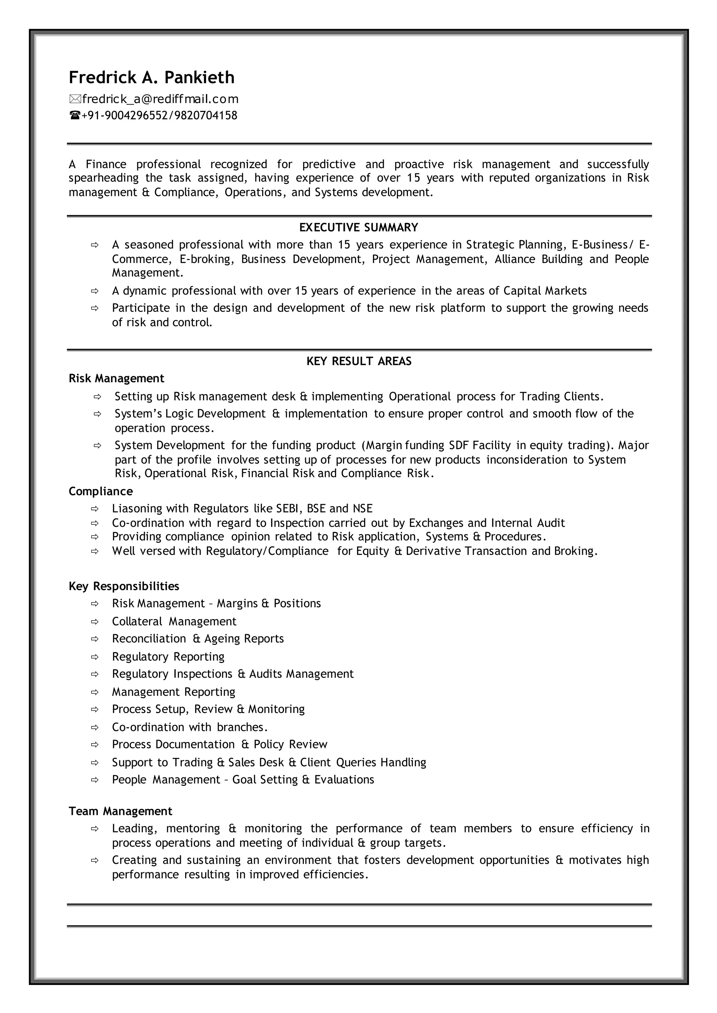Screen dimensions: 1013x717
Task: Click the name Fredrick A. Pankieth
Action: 152,78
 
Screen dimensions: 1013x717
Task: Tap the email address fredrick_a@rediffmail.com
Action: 160,99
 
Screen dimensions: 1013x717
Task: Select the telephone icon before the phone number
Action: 75,116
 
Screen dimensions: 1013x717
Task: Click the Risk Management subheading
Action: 116,378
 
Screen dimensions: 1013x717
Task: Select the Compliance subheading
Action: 101,491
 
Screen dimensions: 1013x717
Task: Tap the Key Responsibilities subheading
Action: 124,586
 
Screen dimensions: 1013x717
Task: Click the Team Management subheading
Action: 120,811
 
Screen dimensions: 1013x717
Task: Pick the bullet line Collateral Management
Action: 174,621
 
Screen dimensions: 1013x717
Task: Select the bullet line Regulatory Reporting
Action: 168,657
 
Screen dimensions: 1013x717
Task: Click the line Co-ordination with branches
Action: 190,727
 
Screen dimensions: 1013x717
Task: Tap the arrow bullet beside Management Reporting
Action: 95,692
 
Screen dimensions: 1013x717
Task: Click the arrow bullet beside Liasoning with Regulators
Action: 95,509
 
